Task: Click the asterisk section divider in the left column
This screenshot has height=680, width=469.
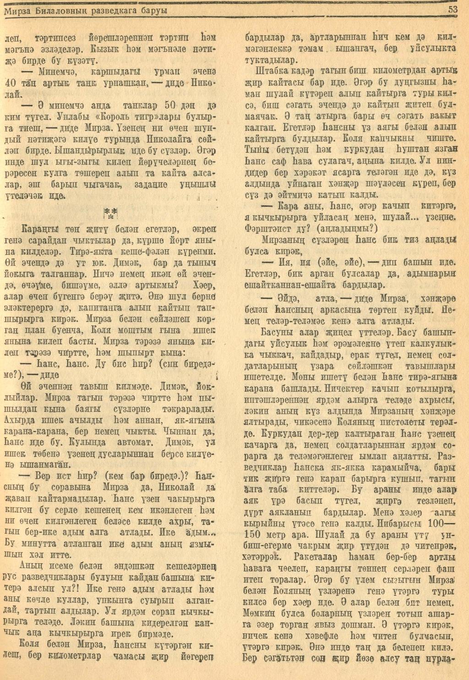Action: pyautogui.click(x=110, y=212)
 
